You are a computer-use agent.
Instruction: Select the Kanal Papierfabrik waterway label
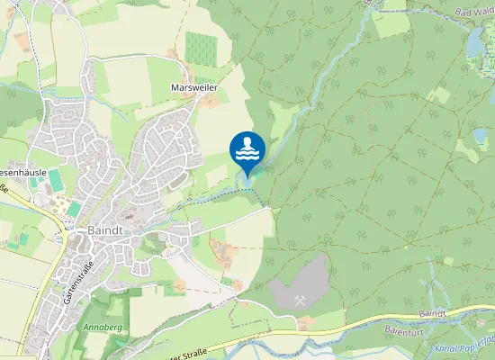(x=463, y=345)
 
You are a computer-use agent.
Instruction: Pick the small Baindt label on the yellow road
(x=433, y=311)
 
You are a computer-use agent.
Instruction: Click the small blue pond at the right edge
(x=481, y=136)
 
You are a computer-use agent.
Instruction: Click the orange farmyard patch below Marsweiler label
(x=209, y=101)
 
